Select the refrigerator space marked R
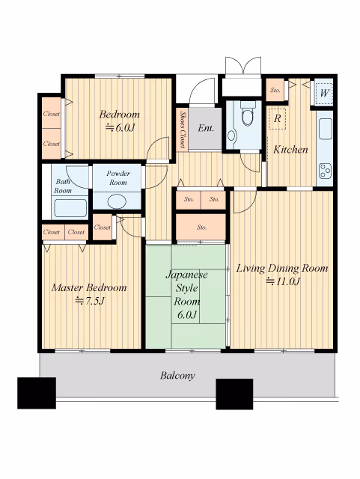point(277,119)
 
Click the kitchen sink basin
point(325,129)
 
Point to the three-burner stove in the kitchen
point(325,171)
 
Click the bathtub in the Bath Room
point(70,208)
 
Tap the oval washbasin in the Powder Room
point(117,201)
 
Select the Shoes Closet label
point(183,129)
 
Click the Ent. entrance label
point(206,128)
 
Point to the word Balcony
point(177,376)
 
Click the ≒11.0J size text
point(283,281)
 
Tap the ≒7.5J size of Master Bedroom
point(90,301)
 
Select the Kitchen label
point(290,150)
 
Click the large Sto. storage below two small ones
point(201,227)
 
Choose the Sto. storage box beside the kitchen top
point(275,90)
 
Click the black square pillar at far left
point(37,393)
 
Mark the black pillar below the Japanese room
point(234,394)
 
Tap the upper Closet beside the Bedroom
point(52,113)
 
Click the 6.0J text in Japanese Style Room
point(186,314)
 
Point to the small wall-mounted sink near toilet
point(232,135)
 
